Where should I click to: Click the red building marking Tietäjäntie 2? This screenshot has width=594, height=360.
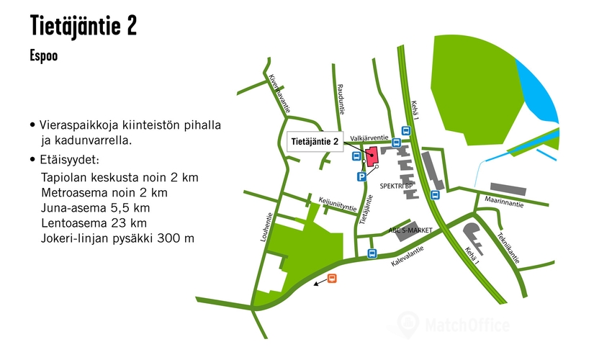372,156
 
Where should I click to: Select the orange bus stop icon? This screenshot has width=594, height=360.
332,279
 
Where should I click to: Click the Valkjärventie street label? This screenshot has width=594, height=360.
369,136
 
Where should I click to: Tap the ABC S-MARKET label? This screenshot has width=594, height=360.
411,230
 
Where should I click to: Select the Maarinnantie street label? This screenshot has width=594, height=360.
505,201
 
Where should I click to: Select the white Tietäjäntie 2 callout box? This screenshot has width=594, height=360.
315,143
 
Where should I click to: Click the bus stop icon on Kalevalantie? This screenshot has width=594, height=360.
372,253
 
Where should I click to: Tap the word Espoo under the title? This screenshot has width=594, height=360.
44,55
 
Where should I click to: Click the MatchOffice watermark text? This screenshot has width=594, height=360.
467,325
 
